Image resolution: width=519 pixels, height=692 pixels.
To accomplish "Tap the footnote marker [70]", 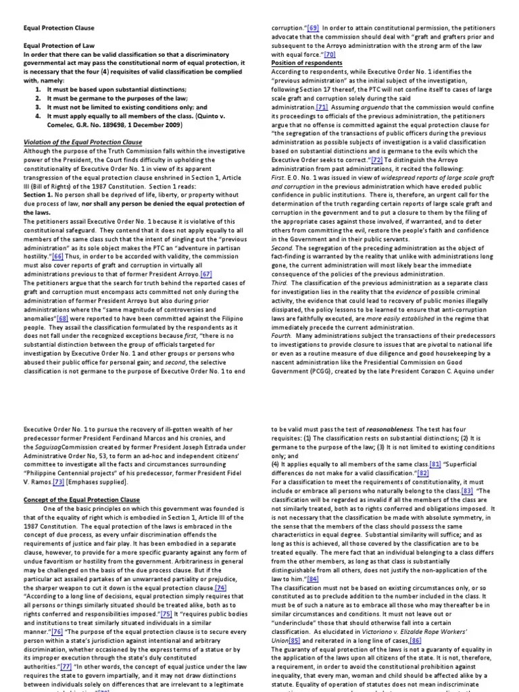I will [330, 54].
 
